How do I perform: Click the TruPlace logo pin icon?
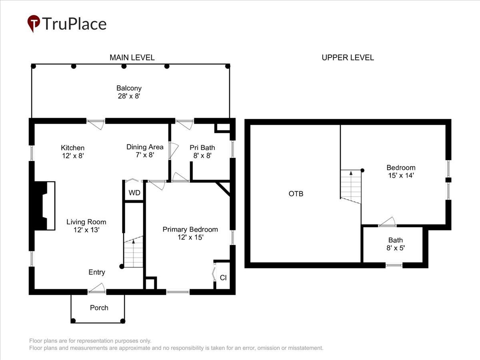click(x=34, y=23)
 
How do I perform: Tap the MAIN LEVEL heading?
click(x=132, y=58)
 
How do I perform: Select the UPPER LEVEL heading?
click(x=348, y=58)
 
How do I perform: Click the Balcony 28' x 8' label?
click(x=129, y=92)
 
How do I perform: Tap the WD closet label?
click(x=134, y=193)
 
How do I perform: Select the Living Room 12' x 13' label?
click(x=86, y=226)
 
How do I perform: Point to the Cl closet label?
click(x=223, y=278)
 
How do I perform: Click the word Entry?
click(x=97, y=272)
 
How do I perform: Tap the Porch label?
click(x=99, y=308)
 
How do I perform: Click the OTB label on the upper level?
click(x=296, y=194)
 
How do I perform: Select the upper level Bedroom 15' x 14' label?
click(x=401, y=172)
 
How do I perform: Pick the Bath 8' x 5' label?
click(x=396, y=244)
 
